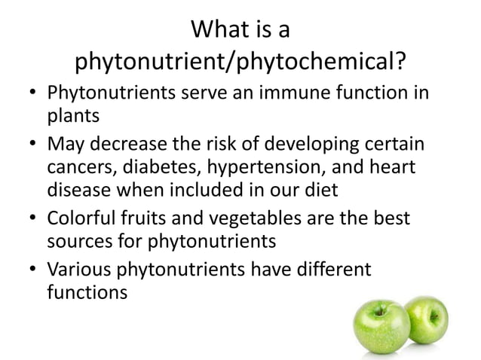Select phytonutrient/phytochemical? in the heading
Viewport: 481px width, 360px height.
pyautogui.click(x=241, y=62)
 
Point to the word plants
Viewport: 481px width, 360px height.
pyautogui.click(x=72, y=118)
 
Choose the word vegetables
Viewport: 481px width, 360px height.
pyautogui.click(x=263, y=219)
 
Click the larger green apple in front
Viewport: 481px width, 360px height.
pyautogui.click(x=381, y=327)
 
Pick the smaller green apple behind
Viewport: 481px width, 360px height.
pyautogui.click(x=429, y=318)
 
